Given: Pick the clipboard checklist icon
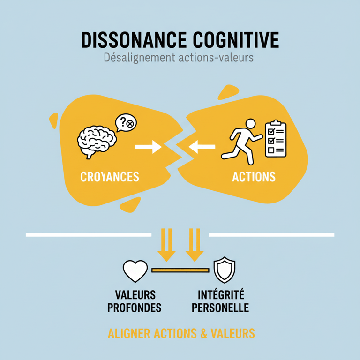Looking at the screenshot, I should [275, 139].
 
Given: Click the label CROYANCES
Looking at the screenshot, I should [110, 177].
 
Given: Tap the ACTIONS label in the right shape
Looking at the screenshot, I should [254, 177].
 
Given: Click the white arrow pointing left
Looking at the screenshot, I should [202, 148].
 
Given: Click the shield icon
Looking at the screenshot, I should [224, 270].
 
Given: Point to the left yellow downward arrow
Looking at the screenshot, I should [166, 245].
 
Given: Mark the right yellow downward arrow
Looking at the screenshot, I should [195, 245].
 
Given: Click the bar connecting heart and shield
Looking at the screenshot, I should [180, 270].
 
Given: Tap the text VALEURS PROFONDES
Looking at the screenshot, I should [135, 301].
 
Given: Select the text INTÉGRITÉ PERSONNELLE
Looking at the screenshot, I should [221, 301].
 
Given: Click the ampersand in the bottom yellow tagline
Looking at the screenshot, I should [204, 334].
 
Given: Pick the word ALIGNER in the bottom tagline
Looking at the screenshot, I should [129, 334].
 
